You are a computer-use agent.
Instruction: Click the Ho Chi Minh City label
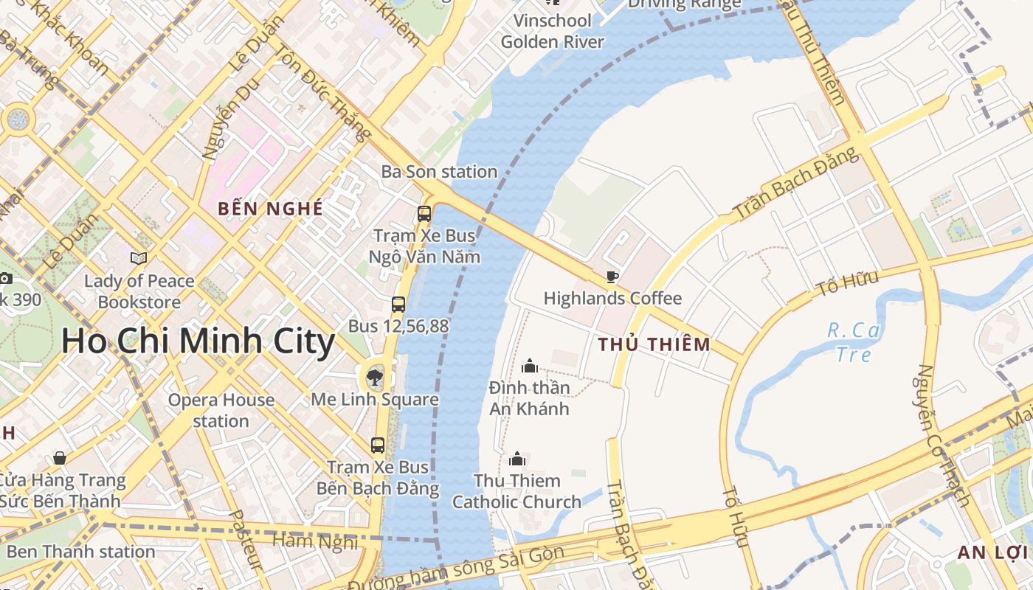tap(198, 342)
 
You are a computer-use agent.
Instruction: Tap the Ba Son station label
tap(439, 172)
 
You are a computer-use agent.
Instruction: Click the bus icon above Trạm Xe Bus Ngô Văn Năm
tap(424, 214)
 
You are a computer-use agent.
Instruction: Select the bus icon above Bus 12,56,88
tap(398, 304)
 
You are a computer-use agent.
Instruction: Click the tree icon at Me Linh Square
tap(375, 378)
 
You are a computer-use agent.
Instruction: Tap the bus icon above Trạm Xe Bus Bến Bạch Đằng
tap(378, 445)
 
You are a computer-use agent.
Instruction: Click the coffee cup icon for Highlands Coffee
tap(612, 277)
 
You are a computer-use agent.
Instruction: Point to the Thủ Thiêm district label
tap(654, 344)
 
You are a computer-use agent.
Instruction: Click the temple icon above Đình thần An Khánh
tap(529, 366)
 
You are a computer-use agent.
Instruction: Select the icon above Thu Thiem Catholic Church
tap(517, 459)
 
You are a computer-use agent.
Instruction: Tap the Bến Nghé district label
tap(270, 209)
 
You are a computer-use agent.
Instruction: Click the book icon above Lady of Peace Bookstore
tap(139, 258)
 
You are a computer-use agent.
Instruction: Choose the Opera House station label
tap(221, 411)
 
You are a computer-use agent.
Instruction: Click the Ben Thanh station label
tap(80, 552)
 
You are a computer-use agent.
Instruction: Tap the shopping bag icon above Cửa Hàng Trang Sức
tap(60, 459)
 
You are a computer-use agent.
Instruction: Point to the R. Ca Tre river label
tap(854, 342)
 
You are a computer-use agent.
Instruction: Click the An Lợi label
tap(992, 552)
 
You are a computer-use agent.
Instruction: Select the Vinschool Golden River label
tap(553, 31)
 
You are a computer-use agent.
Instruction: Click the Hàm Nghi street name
tap(315, 541)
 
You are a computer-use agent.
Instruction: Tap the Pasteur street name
tap(246, 539)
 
